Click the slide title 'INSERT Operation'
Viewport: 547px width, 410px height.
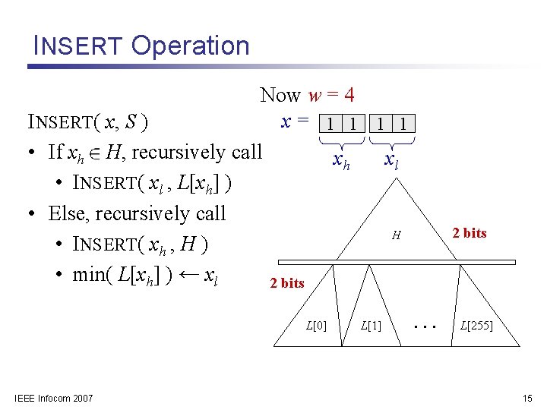[x=141, y=46]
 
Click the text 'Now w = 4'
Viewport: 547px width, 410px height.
[x=307, y=95]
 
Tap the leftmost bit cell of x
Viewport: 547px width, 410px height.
[x=331, y=123]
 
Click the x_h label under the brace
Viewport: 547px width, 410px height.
[x=342, y=161]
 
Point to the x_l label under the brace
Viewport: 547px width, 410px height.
[x=392, y=161]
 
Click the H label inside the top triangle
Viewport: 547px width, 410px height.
[x=396, y=236]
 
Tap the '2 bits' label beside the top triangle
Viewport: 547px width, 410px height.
[x=469, y=233]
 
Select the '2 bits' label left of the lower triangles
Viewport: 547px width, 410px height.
[x=287, y=283]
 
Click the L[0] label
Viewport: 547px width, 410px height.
[x=316, y=326]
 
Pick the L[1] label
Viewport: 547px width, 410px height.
[x=371, y=326]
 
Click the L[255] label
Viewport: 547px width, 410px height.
[x=476, y=326]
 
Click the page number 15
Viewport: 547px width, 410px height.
[x=527, y=398]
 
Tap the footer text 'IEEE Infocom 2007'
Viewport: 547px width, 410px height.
[x=54, y=398]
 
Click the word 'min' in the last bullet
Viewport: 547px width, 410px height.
[x=89, y=274]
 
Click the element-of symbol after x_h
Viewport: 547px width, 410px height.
[x=94, y=153]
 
